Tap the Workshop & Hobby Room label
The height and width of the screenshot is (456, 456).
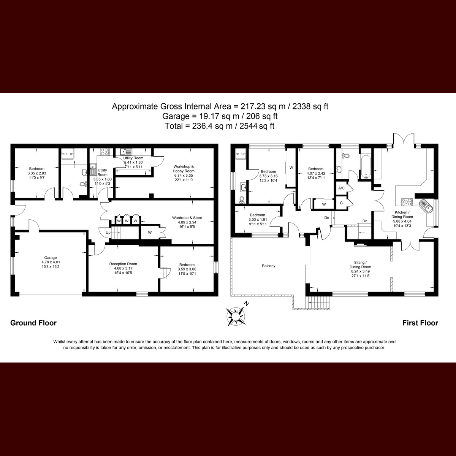coord(184,169)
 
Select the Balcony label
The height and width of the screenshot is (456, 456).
coord(269,266)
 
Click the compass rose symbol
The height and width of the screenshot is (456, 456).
coord(236,316)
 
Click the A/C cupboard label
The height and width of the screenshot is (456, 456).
coord(341,188)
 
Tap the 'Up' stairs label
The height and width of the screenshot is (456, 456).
coord(108,233)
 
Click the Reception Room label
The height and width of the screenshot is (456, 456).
coord(123,264)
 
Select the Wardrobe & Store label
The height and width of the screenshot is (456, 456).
coord(187,218)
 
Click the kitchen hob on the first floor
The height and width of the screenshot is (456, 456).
coord(407,202)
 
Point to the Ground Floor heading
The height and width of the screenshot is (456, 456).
coord(33,323)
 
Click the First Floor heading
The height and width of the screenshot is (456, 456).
coord(420,323)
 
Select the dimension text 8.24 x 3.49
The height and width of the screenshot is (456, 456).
coord(360,271)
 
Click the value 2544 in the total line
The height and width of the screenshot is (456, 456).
coord(249,126)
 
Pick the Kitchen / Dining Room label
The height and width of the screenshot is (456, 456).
coord(402,215)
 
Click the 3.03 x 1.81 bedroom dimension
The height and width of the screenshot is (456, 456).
coord(258,220)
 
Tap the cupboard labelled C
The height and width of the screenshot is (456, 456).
coord(341,203)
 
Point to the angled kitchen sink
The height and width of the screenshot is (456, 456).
coord(426,206)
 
